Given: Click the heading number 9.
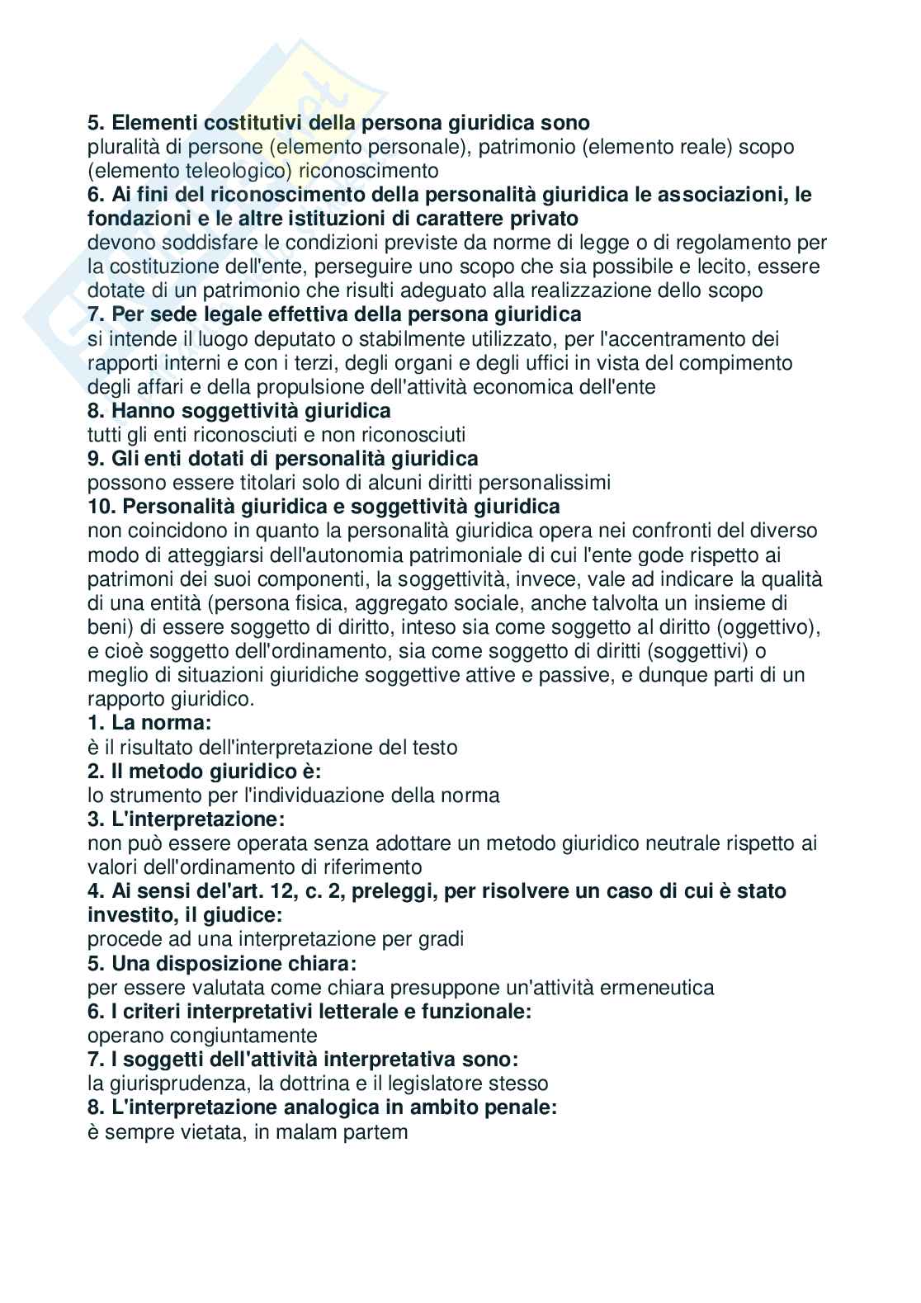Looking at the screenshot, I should [x=94, y=458].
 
